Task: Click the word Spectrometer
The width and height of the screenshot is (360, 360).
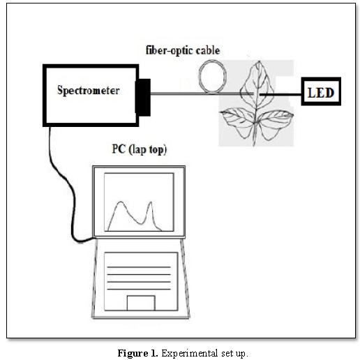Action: click(89, 91)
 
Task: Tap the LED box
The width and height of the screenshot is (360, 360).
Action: click(321, 91)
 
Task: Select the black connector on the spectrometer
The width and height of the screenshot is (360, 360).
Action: click(143, 98)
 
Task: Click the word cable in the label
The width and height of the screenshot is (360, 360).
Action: click(207, 50)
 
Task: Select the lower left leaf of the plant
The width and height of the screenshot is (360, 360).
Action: click(237, 123)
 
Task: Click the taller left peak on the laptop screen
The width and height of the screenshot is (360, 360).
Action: click(121, 202)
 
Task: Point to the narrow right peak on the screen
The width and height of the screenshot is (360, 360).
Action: click(150, 203)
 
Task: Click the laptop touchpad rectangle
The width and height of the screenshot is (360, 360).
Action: click(141, 303)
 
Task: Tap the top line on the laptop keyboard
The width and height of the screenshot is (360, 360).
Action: click(139, 267)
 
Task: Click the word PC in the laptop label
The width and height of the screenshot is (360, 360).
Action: click(119, 149)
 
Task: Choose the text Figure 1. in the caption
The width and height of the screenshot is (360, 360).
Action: click(137, 353)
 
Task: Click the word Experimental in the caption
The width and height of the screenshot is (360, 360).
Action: click(190, 353)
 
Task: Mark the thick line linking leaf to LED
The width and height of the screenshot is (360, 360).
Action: click(280, 95)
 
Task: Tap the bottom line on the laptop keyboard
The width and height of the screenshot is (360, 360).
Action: click(139, 290)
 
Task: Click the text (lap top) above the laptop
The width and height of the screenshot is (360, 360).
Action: click(148, 149)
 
